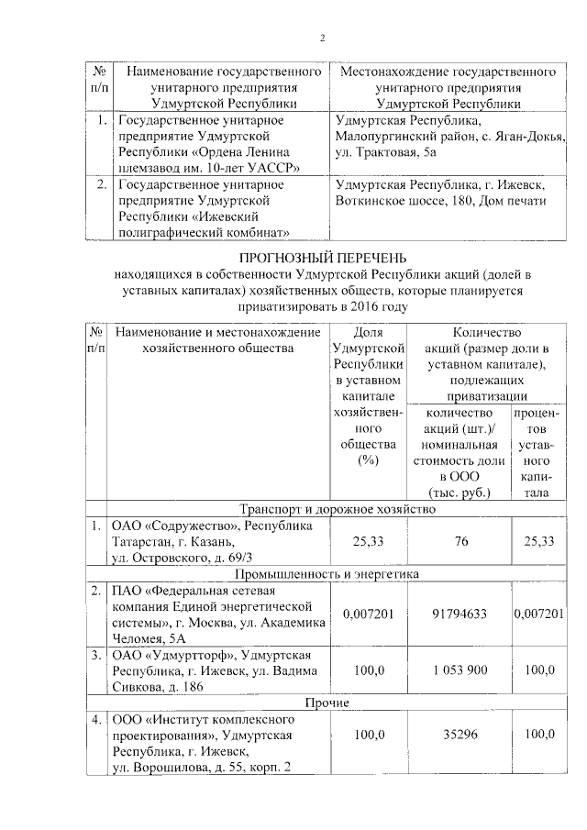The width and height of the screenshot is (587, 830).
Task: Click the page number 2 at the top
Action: coord(322,38)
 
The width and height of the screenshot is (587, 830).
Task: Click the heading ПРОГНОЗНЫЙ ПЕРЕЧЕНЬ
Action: coord(323,258)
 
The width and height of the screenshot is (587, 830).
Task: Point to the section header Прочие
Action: coord(326,703)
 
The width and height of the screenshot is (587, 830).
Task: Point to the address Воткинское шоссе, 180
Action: coord(405,201)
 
